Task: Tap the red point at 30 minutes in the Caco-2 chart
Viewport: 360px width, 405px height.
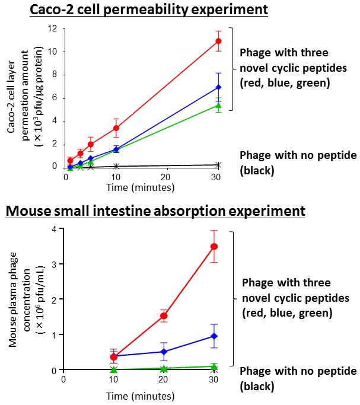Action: click(x=218, y=41)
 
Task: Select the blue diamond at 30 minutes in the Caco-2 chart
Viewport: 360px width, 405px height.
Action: click(x=218, y=87)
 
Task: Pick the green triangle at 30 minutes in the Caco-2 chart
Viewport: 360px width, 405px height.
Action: click(x=218, y=106)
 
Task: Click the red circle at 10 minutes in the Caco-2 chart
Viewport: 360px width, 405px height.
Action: click(x=116, y=127)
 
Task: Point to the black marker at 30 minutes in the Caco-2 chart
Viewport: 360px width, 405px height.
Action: click(x=218, y=164)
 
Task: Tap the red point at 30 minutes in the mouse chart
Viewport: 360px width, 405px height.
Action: click(x=214, y=246)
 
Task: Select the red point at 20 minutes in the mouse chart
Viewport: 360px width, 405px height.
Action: click(x=163, y=316)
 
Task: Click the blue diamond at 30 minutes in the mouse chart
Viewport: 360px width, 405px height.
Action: click(x=214, y=336)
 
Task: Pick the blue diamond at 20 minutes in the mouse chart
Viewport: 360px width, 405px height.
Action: click(x=163, y=352)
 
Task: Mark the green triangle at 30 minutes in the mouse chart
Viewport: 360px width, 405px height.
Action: click(x=214, y=366)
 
